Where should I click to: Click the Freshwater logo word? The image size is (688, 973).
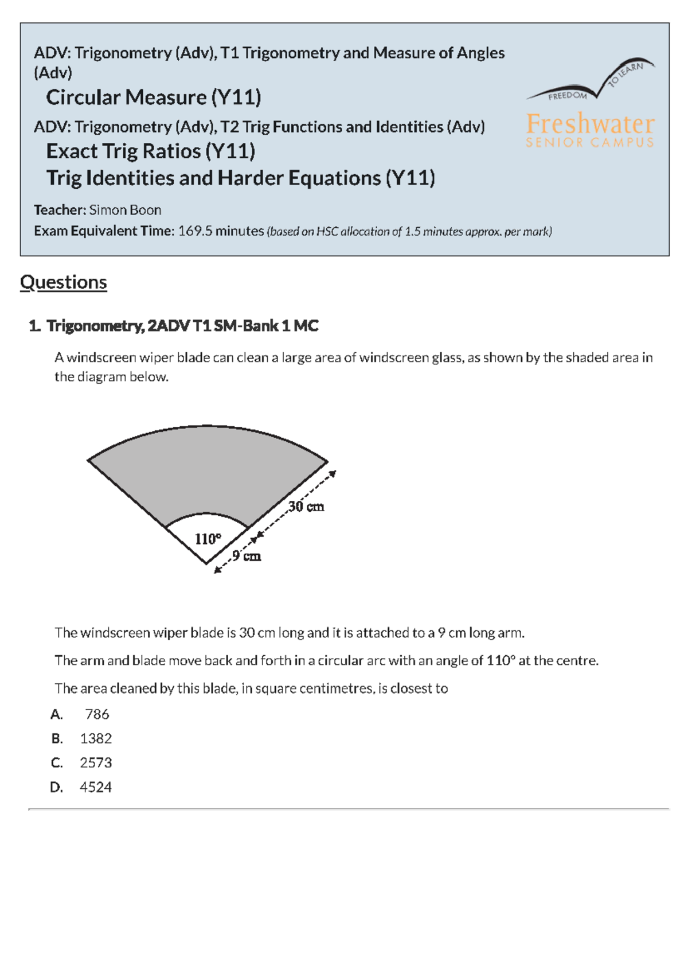pyautogui.click(x=590, y=123)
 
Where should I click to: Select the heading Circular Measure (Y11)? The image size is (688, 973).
pyautogui.click(x=154, y=98)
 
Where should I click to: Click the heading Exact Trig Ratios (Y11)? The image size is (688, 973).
pyautogui.click(x=151, y=151)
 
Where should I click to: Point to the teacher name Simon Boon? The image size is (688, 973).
pyautogui.click(x=125, y=210)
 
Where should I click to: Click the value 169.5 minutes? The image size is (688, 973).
pyautogui.click(x=221, y=231)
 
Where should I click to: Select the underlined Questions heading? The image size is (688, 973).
pyautogui.click(x=63, y=282)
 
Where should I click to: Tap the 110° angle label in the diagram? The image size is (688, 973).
pyautogui.click(x=208, y=539)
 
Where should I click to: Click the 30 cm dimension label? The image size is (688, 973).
pyautogui.click(x=306, y=507)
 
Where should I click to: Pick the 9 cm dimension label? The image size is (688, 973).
pyautogui.click(x=247, y=556)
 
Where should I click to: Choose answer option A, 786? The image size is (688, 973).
pyautogui.click(x=96, y=714)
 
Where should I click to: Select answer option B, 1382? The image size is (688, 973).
pyautogui.click(x=96, y=738)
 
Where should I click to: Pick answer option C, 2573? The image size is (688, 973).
pyautogui.click(x=96, y=762)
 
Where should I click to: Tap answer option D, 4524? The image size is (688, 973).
pyautogui.click(x=95, y=787)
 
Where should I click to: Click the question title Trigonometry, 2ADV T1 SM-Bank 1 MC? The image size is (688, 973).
pyautogui.click(x=182, y=326)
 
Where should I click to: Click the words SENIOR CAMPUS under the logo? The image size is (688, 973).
pyautogui.click(x=590, y=142)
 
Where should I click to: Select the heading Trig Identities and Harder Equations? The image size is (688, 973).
pyautogui.click(x=240, y=178)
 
